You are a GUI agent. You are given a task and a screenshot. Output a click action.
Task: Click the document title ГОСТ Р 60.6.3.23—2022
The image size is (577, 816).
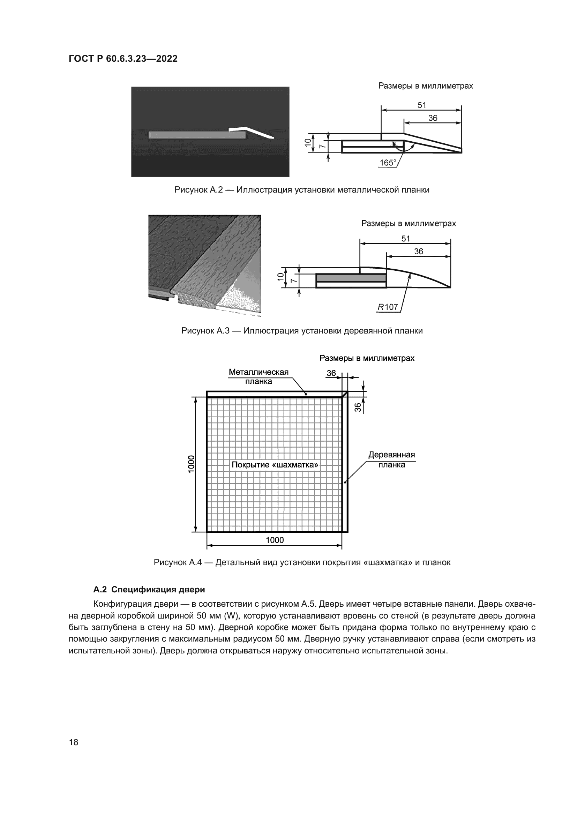click(x=123, y=59)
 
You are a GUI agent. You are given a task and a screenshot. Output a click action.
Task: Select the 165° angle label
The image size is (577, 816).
click(x=388, y=163)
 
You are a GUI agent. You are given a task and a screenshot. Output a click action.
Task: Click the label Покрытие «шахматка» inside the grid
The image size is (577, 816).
click(x=275, y=465)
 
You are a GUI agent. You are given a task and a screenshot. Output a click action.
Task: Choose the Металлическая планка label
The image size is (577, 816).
click(x=258, y=377)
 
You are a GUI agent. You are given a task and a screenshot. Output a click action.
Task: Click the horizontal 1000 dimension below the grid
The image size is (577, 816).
click(x=275, y=540)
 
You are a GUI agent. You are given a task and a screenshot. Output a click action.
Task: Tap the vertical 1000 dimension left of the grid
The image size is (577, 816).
click(x=192, y=464)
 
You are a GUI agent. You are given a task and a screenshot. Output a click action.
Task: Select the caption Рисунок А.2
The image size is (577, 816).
click(x=302, y=190)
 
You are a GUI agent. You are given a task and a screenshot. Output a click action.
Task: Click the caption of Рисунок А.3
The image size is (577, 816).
click(x=302, y=331)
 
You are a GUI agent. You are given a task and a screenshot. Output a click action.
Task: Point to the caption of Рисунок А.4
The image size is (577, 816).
click(x=302, y=563)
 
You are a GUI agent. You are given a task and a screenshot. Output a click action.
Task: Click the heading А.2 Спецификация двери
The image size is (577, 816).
click(x=149, y=590)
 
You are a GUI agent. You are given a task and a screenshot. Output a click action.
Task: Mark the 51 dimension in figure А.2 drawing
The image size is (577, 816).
click(x=422, y=105)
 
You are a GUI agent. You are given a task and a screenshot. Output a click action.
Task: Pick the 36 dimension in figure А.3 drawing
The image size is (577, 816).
click(x=419, y=252)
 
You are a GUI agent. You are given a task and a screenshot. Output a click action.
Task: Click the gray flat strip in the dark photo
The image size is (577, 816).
click(x=197, y=135)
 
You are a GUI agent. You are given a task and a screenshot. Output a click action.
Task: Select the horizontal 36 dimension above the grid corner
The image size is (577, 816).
click(x=331, y=373)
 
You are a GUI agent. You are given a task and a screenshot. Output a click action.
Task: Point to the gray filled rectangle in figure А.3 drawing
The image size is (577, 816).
click(x=351, y=278)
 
